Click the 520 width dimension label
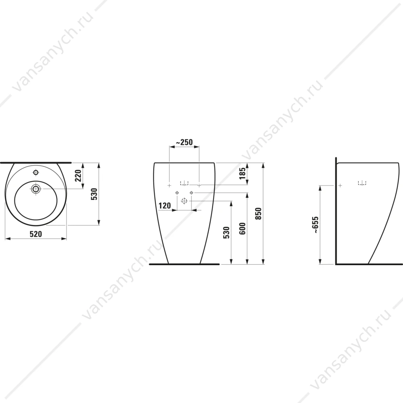[x=36, y=234]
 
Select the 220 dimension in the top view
[x=78, y=175]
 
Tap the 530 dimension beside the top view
[x=94, y=194]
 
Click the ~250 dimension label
[x=184, y=142]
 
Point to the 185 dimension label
[x=242, y=173]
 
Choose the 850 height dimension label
[x=258, y=214]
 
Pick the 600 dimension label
[x=242, y=229]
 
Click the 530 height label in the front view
[x=226, y=233]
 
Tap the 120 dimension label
[x=165, y=206]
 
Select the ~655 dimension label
[x=316, y=225]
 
